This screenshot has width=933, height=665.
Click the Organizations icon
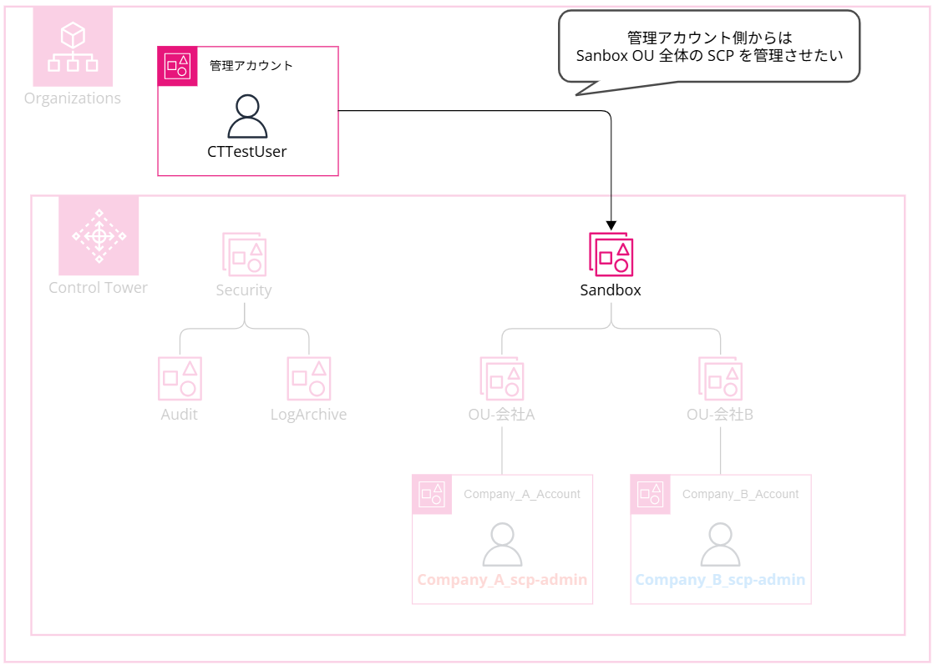point(73,47)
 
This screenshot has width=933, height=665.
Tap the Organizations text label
point(73,98)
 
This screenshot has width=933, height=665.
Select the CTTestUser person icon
point(247,117)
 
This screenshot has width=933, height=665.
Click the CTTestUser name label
point(247,152)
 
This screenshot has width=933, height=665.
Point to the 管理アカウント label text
point(251,66)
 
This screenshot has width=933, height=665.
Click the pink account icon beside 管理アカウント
point(177,66)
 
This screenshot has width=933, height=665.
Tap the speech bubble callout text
point(708,48)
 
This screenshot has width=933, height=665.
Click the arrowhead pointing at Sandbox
point(611,225)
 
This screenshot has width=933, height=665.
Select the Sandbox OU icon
point(611,254)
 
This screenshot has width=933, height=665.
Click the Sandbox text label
point(611,290)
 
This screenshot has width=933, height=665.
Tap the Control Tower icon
point(99,235)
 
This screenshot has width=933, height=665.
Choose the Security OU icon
point(244,254)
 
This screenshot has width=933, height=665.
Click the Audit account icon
point(180,379)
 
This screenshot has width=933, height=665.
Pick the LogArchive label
point(308,415)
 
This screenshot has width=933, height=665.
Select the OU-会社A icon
point(501,379)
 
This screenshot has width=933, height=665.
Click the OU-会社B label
point(720,415)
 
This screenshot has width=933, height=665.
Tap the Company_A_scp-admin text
point(502,580)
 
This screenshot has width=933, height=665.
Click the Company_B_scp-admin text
point(720,580)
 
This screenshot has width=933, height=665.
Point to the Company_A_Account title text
point(522,494)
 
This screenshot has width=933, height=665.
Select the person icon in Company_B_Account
point(720,545)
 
